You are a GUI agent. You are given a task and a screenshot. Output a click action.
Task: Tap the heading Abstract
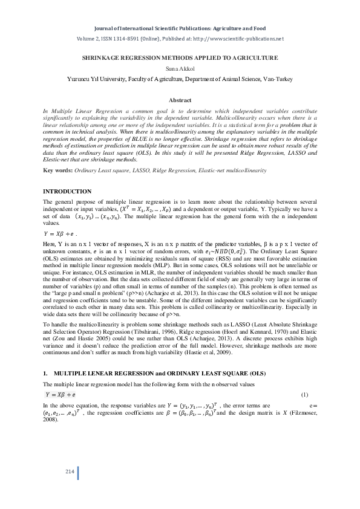pos(180,100)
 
